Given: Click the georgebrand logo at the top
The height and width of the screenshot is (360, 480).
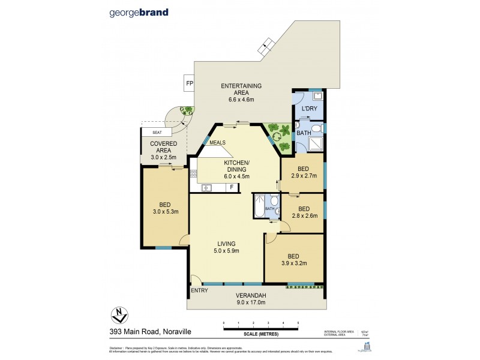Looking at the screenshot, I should [x=139, y=12].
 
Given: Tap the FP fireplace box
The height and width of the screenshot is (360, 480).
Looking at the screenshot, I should [x=190, y=83].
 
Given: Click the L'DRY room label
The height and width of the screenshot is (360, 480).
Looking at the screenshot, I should [x=309, y=108].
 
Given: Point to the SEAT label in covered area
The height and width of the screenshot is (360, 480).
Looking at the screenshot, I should [x=157, y=132].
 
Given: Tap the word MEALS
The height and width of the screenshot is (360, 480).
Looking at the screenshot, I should [x=218, y=142].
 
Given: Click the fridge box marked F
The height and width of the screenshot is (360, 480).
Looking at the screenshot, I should [x=231, y=187].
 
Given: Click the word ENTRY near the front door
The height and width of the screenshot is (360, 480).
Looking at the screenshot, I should [x=199, y=290].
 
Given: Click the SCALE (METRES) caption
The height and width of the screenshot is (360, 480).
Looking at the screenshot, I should [x=260, y=334].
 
